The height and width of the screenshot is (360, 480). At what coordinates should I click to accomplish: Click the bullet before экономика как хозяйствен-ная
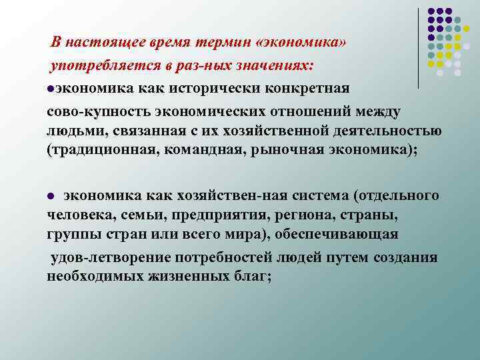pos(51,196)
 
